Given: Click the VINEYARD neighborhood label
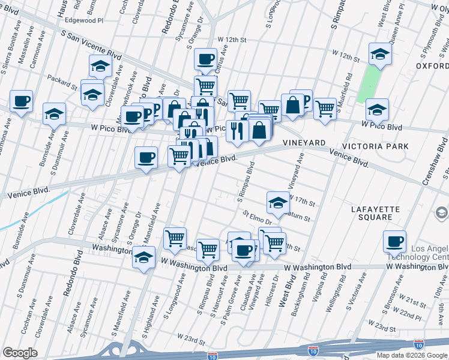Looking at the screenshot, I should click(304, 143).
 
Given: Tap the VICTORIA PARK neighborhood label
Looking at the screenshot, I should click(375, 146).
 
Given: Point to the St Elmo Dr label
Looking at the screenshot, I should click(258, 215).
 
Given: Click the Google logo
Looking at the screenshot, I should click(20, 353).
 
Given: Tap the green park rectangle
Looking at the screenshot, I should click(370, 83).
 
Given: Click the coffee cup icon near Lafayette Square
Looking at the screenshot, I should click(394, 241).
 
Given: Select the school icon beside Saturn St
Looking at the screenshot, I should click(277, 202).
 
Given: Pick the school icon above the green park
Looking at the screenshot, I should click(380, 53).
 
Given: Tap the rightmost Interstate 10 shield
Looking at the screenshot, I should click(418, 344).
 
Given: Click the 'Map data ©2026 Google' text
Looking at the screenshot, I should click(412, 355).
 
